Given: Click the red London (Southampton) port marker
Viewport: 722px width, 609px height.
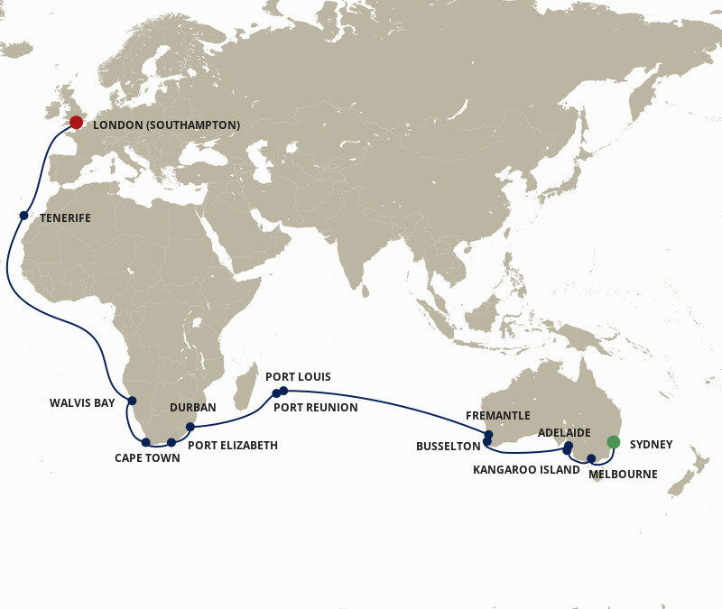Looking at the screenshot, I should click(76, 122).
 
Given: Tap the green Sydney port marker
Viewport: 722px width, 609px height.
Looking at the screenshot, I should click(614, 442).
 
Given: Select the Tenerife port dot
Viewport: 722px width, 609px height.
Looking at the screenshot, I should click(23, 216).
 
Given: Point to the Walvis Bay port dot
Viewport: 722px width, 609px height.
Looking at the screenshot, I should click(132, 401).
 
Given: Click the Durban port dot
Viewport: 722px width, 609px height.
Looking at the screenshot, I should click(190, 427).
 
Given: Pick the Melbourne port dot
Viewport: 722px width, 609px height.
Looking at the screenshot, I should click(591, 459).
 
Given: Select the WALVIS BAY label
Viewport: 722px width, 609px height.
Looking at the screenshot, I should click(82, 402).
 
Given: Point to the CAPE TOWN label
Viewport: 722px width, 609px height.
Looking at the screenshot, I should click(147, 458).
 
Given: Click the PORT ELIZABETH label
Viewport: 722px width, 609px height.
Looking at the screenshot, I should click(233, 445).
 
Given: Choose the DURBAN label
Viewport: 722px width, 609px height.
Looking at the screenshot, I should click(193, 408).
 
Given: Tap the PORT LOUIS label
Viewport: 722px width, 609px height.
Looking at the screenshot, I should click(298, 376).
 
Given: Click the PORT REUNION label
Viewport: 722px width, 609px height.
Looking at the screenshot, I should click(316, 408).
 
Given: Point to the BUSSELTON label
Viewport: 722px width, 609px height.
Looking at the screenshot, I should click(448, 446).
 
